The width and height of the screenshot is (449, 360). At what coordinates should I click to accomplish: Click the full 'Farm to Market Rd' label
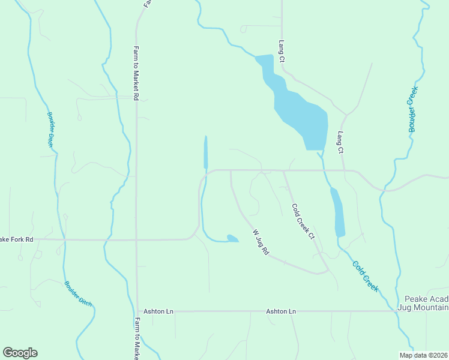(136, 73)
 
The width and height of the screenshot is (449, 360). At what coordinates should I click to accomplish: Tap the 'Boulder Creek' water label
(412, 109)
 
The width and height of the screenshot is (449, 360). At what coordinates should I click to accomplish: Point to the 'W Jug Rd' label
(261, 242)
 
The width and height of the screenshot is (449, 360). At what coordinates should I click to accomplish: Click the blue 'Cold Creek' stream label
(365, 276)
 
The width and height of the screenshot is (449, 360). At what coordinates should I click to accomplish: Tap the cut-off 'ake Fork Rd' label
(17, 239)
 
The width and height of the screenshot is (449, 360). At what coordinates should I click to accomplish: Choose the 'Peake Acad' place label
(426, 299)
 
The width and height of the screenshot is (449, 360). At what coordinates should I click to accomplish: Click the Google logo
(20, 353)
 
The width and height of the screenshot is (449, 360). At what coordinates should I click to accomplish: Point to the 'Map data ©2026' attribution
(423, 355)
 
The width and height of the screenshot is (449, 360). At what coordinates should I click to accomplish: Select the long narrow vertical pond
(206, 152)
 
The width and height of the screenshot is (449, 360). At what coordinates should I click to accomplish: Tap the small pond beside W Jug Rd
(232, 239)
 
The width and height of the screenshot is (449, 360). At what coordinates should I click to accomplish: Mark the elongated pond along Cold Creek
(339, 211)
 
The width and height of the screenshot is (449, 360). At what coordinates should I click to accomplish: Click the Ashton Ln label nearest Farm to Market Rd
(158, 311)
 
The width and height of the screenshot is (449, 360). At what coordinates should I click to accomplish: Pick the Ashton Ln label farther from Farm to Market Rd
(281, 311)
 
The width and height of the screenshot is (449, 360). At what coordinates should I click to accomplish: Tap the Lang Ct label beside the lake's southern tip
(340, 143)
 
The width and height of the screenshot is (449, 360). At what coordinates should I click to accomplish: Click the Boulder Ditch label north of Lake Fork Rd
(51, 129)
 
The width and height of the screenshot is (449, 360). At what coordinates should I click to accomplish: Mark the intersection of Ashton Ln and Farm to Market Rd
(137, 311)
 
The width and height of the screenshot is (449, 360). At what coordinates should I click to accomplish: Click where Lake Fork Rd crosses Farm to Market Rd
(136, 240)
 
